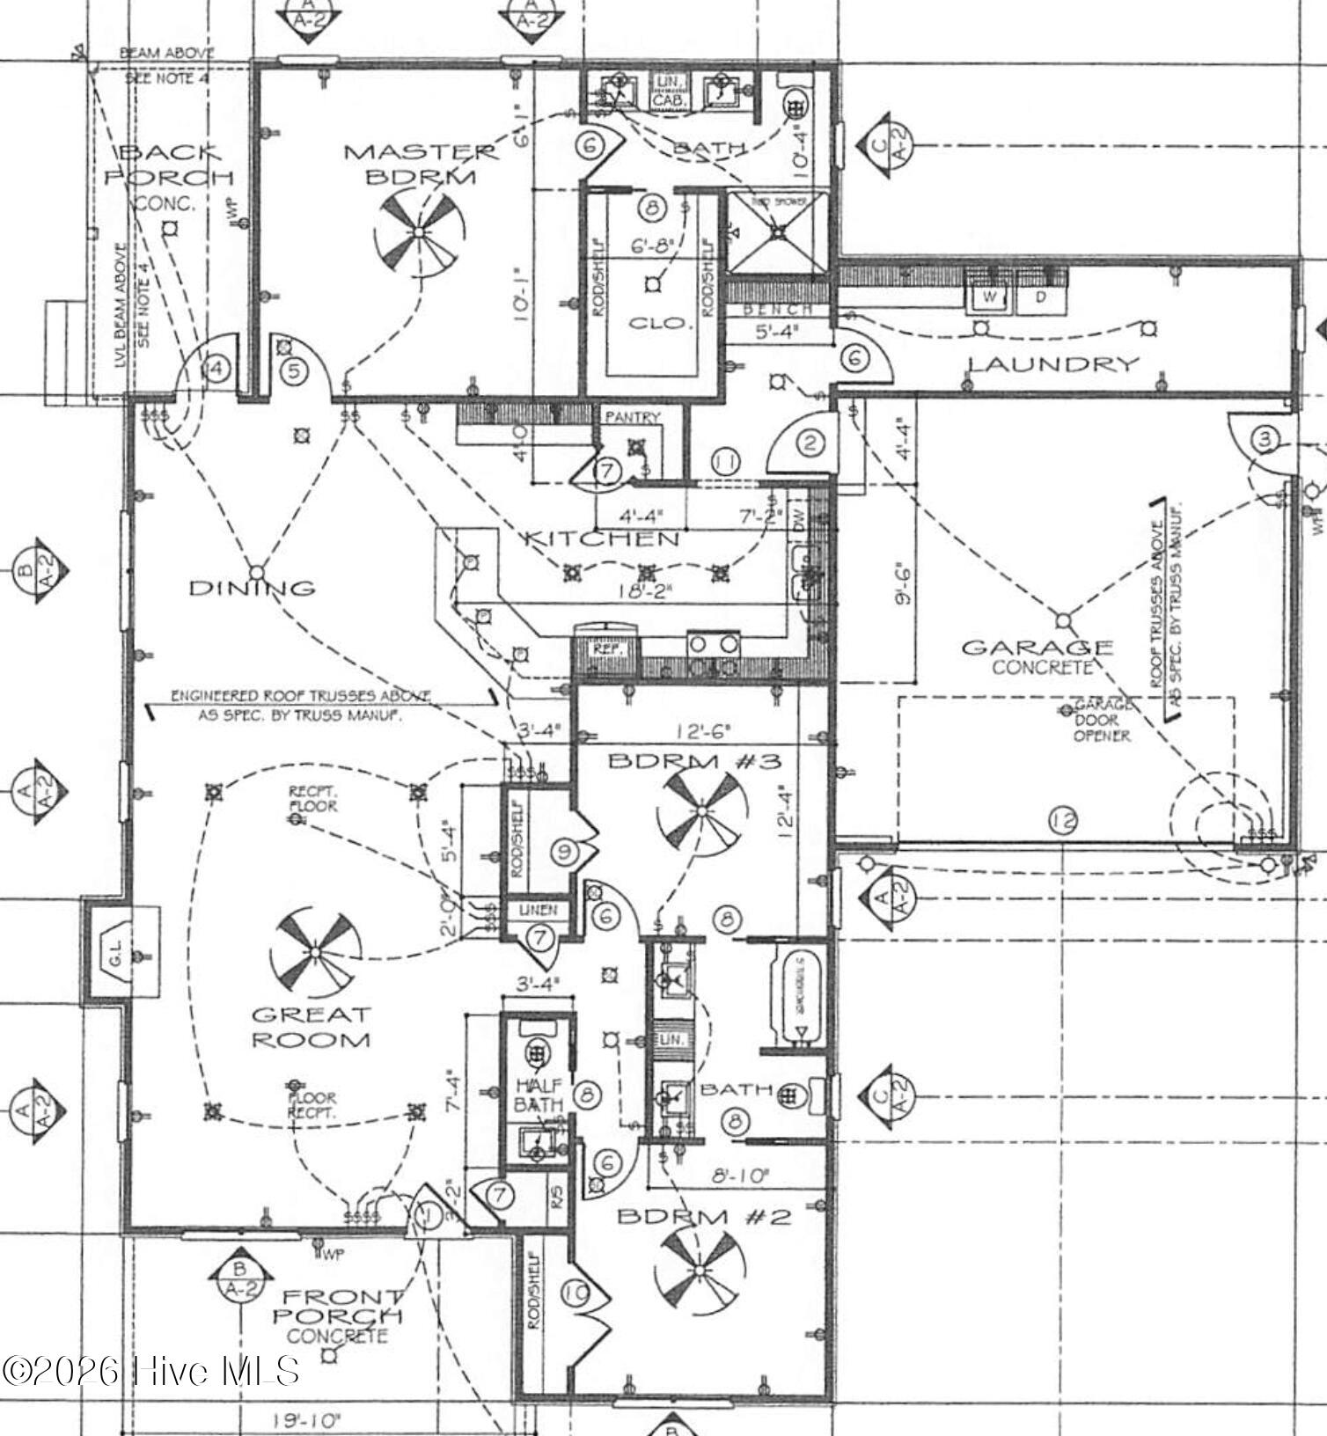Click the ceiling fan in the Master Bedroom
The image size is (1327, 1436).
(x=417, y=231)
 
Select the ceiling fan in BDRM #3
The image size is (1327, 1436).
(x=701, y=810)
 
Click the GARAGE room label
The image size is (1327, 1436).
(x=1037, y=648)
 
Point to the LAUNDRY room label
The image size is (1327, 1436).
(x=1053, y=363)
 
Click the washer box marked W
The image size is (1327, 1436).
(x=990, y=297)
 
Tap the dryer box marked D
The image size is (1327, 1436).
(x=1041, y=297)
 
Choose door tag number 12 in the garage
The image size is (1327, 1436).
(x=1063, y=822)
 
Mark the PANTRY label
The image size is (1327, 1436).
(x=632, y=417)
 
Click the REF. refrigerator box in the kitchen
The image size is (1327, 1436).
(x=607, y=648)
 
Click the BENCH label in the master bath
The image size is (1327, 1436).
(x=778, y=310)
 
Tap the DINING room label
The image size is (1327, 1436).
(x=252, y=588)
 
